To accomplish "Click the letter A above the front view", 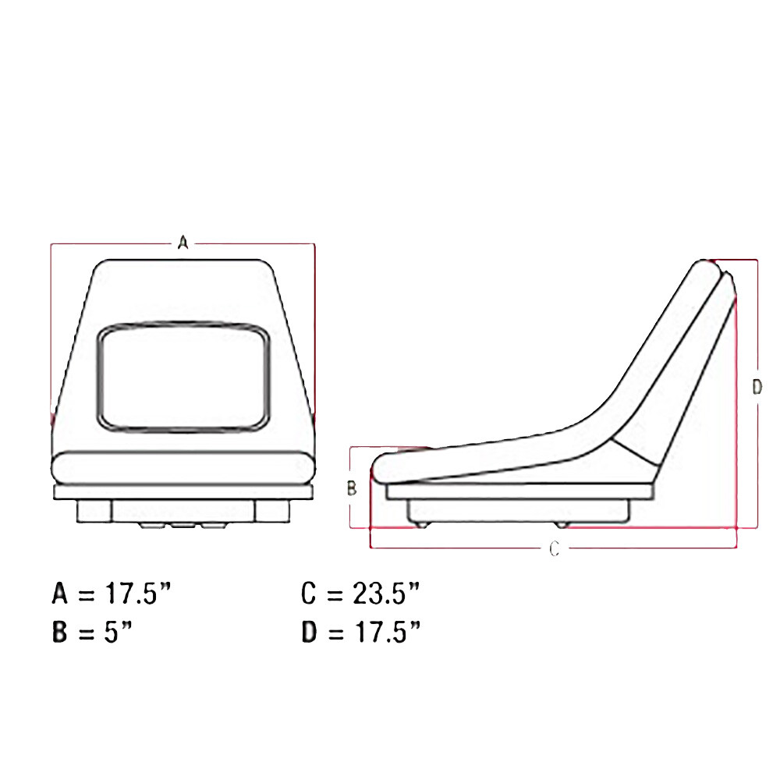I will tap(183, 243).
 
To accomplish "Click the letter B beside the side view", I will tap(351, 488).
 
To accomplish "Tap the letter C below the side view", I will tap(554, 549).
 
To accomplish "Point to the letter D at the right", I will tap(756, 387).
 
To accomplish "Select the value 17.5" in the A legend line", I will tap(136, 594).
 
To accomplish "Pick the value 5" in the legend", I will tap(117, 632).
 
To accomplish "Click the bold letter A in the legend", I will tap(60, 594).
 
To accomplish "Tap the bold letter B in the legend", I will tap(60, 632).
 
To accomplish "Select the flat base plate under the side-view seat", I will tap(519, 491).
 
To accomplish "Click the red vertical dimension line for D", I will tap(757, 328).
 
